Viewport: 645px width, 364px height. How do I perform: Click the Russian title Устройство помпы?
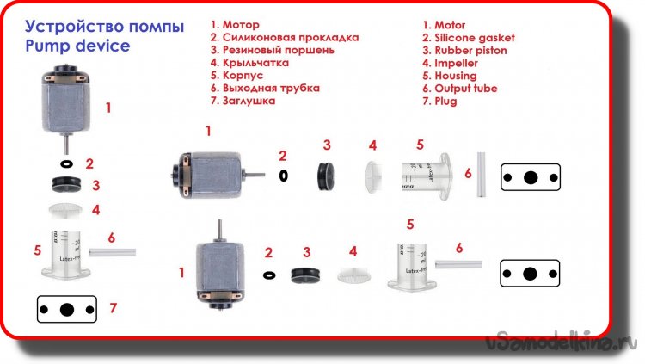pos(104,27)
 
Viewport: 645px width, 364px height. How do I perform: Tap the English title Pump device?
pos(77,46)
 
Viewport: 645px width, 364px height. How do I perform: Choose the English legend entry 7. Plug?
pos(439,102)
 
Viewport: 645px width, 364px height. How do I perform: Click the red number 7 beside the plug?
pos(114,307)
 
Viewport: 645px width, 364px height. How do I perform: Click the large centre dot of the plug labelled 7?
pos(67,310)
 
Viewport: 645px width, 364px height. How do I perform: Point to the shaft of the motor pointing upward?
pos(220,231)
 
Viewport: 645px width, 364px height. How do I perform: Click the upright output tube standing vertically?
pos(481,175)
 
